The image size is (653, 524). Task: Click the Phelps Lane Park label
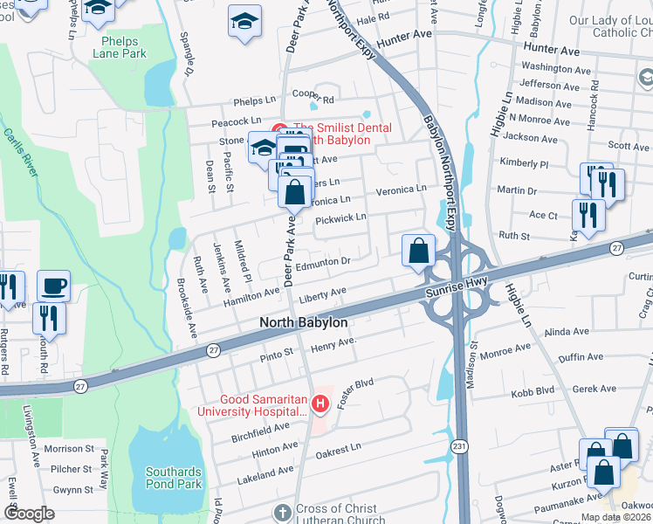click(124, 46)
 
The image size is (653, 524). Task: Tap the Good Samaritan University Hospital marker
click(320, 403)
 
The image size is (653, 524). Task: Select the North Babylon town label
click(304, 323)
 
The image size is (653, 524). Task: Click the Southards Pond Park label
click(174, 478)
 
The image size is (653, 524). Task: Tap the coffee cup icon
click(54, 286)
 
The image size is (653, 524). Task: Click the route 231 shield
click(459, 446)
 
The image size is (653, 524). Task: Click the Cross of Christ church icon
click(282, 511)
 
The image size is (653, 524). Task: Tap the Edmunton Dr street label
click(323, 262)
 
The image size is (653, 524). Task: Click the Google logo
click(30, 514)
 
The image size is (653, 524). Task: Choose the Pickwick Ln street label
click(340, 217)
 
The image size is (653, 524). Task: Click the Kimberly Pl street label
click(524, 164)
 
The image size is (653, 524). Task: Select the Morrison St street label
click(68, 449)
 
